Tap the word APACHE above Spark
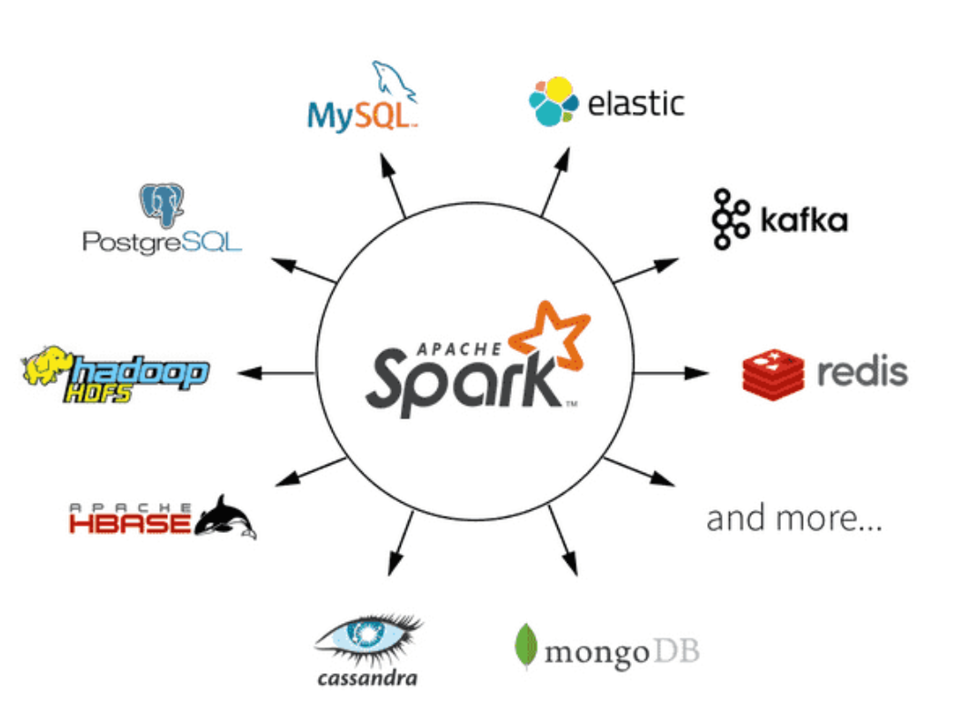tap(460, 347)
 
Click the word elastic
tap(635, 103)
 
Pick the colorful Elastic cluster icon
tap(554, 101)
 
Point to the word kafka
tap(804, 221)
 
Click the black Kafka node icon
tap(730, 219)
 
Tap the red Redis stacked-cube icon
tap(773, 373)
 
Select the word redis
tap(862, 372)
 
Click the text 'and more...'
tap(794, 519)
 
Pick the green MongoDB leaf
tap(524, 647)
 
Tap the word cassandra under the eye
tap(367, 679)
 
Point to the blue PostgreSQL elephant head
tap(162, 205)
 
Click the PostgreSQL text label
tap(162, 241)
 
